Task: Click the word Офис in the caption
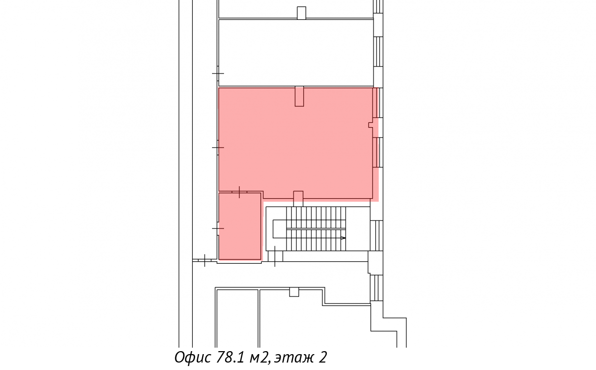click(193, 358)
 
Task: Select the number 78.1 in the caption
click(230, 357)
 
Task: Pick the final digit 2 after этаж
click(322, 357)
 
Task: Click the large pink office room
click(296, 143)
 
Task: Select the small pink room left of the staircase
click(240, 226)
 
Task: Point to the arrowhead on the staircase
click(343, 238)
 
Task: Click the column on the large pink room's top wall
click(299, 96)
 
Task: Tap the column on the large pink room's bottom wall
click(298, 199)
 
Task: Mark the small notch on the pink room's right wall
click(371, 125)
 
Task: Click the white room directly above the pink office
click(296, 53)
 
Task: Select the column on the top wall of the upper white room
click(301, 13)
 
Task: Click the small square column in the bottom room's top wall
click(294, 292)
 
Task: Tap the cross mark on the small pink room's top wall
click(239, 192)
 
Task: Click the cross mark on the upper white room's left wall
click(218, 73)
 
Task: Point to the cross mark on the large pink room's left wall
click(218, 148)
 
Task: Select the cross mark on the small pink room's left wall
click(218, 228)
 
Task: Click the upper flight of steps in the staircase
click(316, 218)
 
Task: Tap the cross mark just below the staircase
click(275, 256)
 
